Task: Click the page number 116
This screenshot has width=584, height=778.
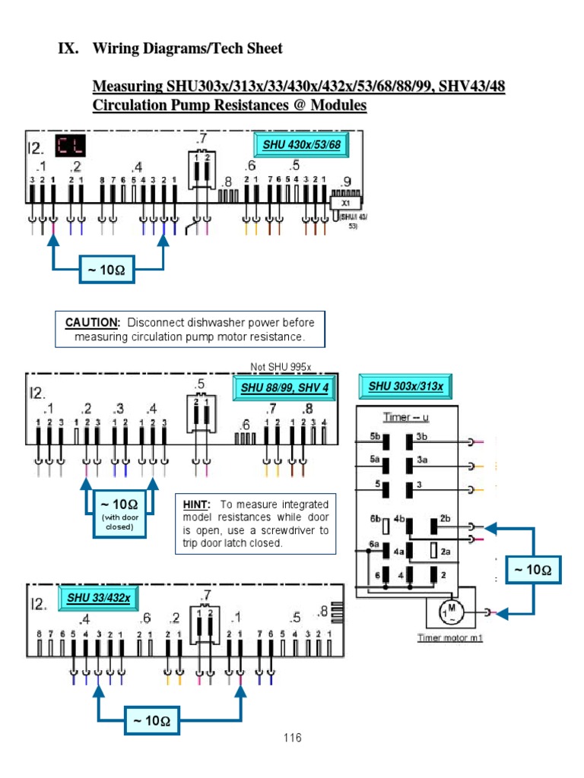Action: click(x=292, y=738)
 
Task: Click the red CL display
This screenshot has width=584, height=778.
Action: click(x=69, y=146)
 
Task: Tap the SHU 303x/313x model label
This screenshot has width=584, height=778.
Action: click(x=405, y=386)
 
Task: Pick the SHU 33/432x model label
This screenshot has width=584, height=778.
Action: click(x=98, y=597)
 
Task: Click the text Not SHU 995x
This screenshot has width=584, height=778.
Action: click(x=281, y=366)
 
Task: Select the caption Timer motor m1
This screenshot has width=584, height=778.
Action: click(x=450, y=637)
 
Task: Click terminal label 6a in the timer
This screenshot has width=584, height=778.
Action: click(x=373, y=545)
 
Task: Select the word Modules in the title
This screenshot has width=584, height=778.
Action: click(x=335, y=106)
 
